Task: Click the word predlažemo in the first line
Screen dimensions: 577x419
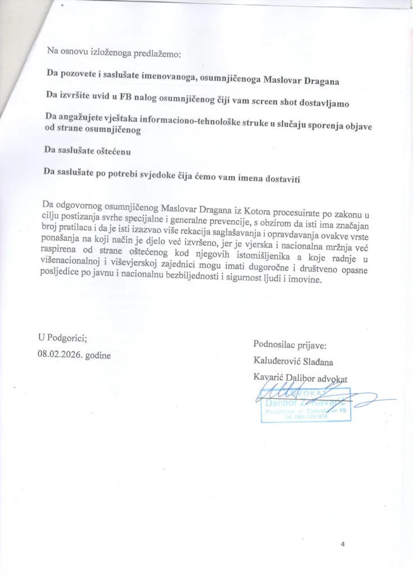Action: tap(155, 55)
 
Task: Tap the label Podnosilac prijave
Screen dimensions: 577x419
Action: tap(290, 345)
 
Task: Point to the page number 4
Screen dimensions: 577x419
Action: tap(343, 544)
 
